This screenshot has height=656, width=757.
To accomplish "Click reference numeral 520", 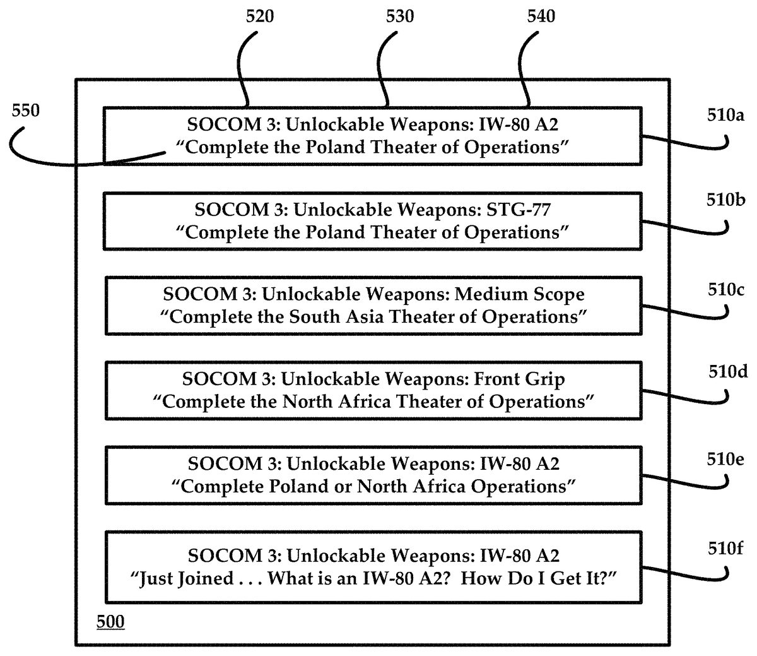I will [260, 16].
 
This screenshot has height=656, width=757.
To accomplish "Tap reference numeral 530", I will [401, 16].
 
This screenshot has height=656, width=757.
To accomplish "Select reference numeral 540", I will [541, 16].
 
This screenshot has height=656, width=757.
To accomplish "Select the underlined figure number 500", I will [110, 622].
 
